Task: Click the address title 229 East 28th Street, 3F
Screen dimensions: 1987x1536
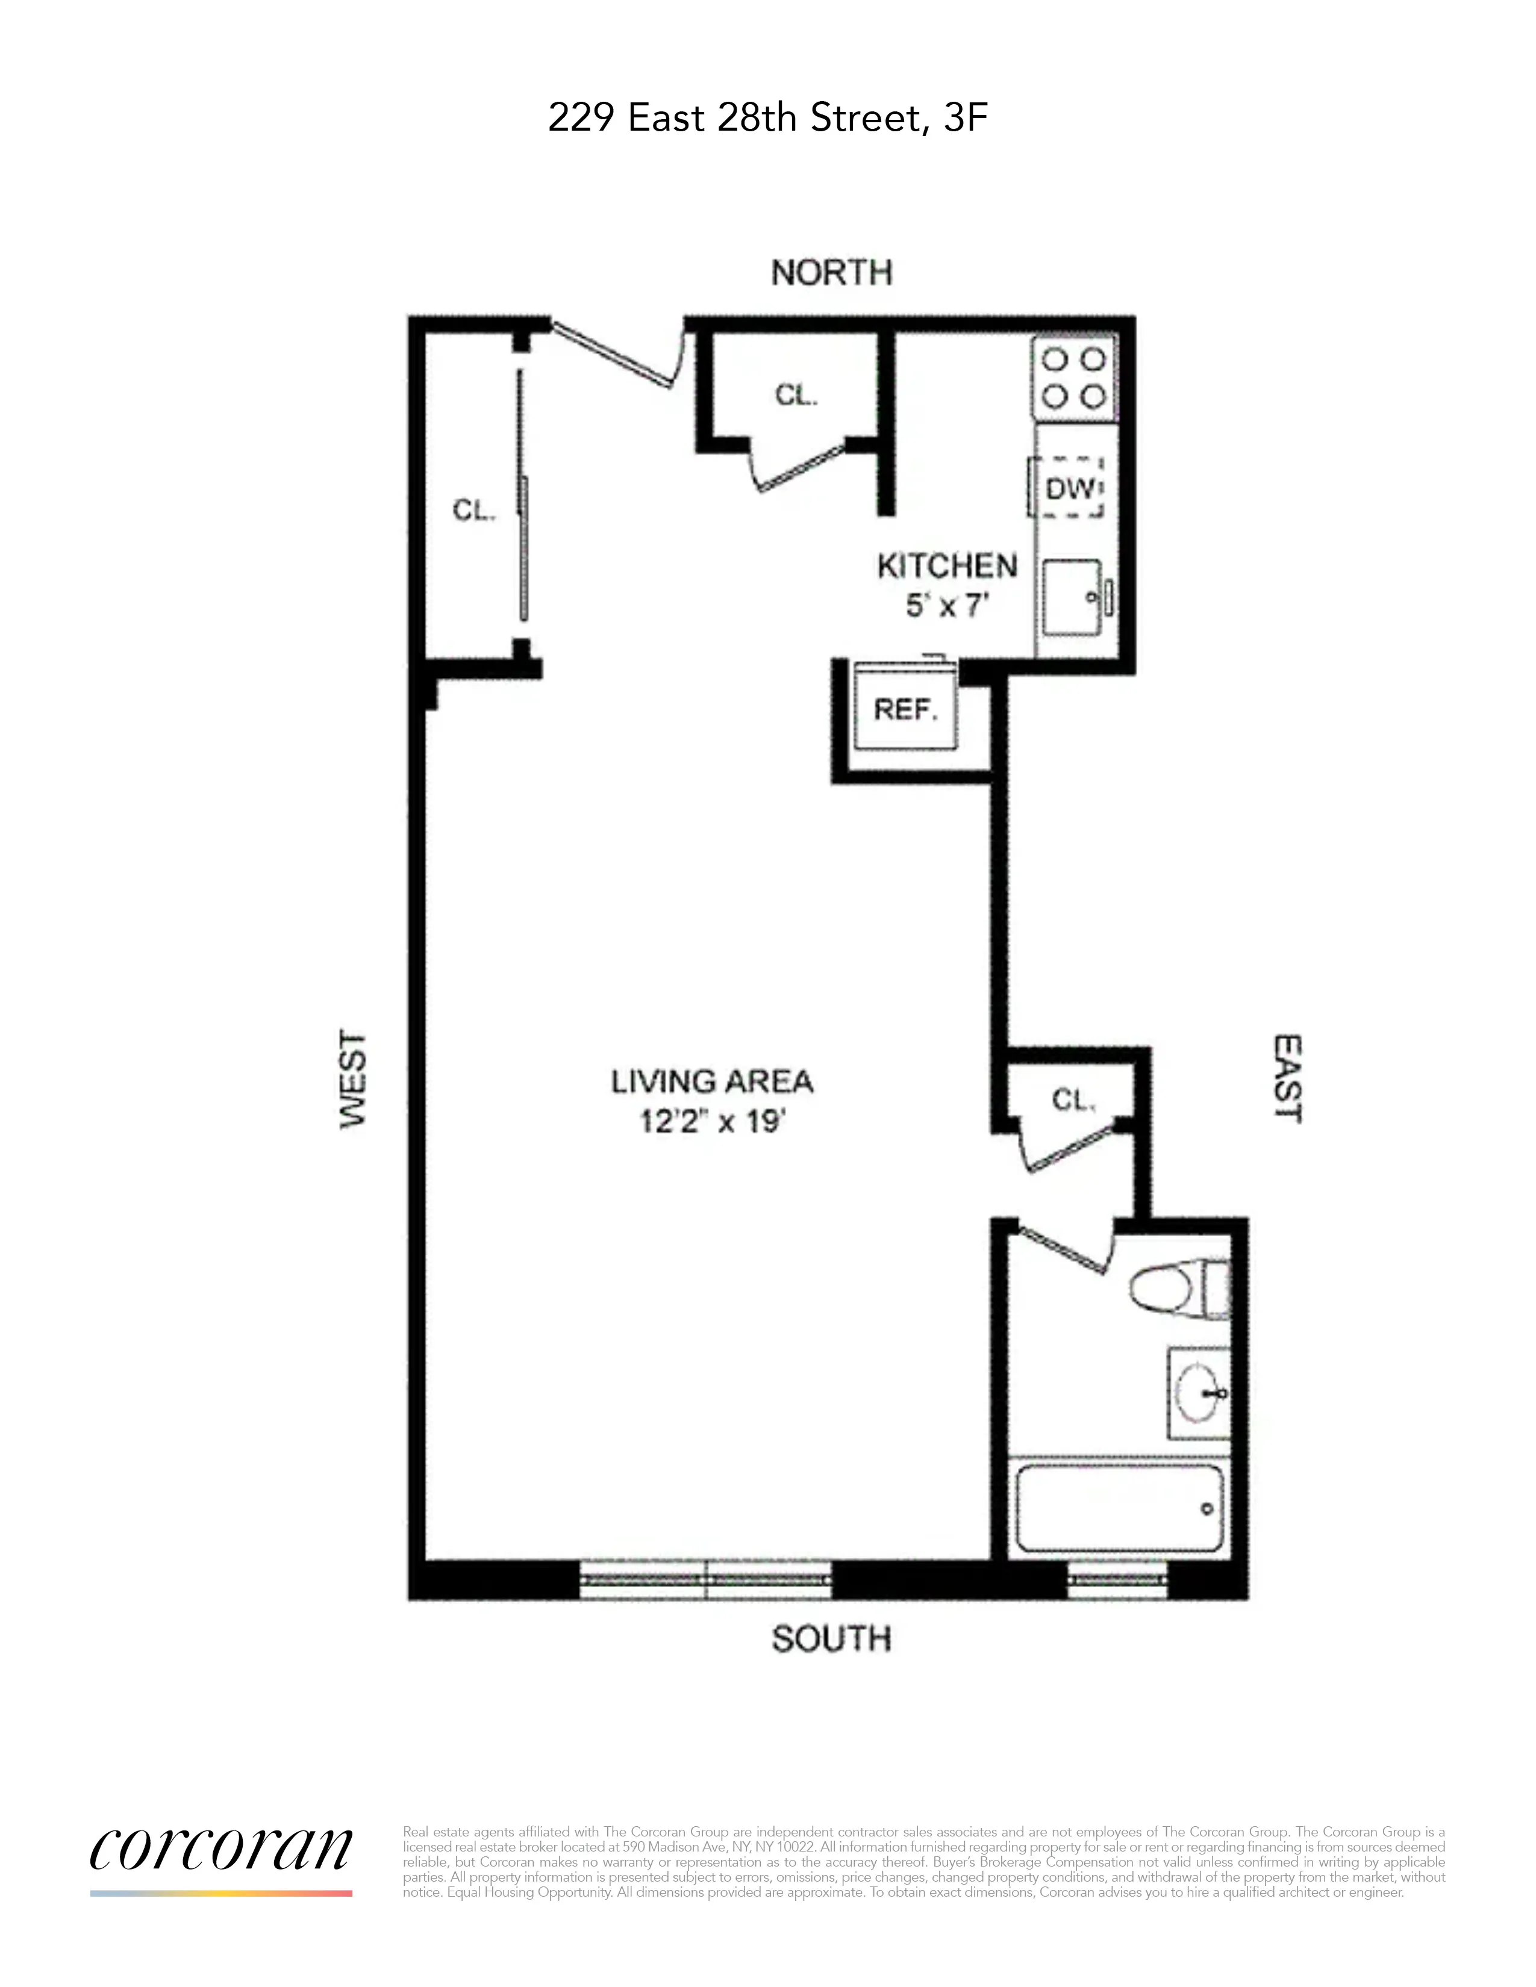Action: click(767, 118)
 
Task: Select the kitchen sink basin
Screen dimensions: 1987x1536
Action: click(1070, 598)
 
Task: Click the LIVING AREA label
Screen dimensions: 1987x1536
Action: click(711, 1082)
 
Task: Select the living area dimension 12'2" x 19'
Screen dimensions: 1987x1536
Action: click(711, 1122)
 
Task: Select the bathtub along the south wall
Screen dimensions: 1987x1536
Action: click(1119, 1508)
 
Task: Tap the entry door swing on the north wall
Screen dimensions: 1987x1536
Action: click(617, 353)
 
